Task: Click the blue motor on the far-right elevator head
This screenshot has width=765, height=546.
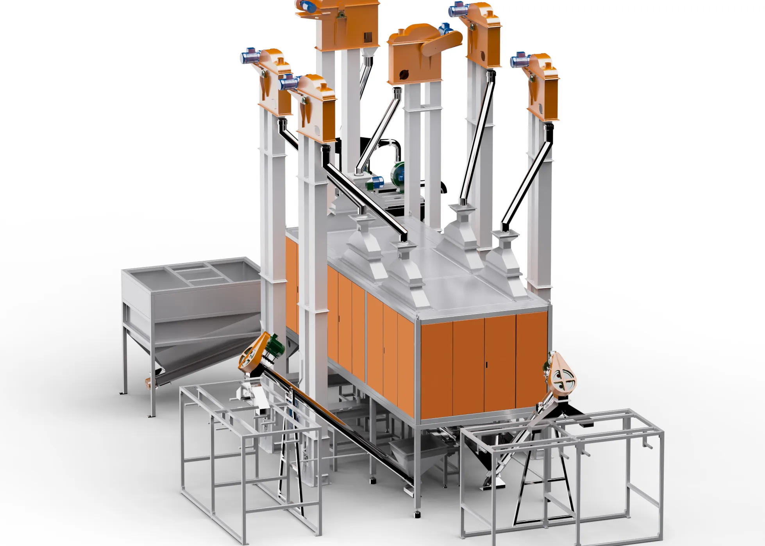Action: pyautogui.click(x=519, y=60)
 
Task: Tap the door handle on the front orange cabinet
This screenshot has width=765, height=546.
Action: pyautogui.click(x=486, y=365)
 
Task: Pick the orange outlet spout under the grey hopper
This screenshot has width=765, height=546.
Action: pyautogui.click(x=148, y=383)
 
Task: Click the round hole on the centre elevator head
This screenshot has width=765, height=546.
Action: pyautogui.click(x=404, y=73)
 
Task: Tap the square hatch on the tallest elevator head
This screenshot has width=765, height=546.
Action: pyautogui.click(x=368, y=37)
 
